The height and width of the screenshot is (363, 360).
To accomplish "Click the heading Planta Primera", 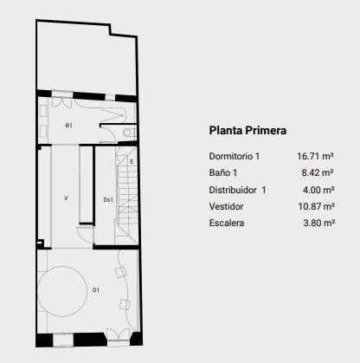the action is tap(247, 130).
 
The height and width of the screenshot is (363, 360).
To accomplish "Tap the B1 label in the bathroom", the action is tap(68, 126).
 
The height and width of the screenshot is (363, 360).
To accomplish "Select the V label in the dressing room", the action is tap(66, 198).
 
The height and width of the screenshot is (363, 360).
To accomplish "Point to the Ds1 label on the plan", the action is tap(108, 199).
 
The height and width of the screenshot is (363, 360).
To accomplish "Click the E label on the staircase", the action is tap(132, 162).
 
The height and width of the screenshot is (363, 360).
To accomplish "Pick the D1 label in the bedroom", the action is tap(96, 289).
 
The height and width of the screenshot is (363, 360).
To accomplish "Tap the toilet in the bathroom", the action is tap(129, 133).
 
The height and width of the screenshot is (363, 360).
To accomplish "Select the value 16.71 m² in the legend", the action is tap(315, 156).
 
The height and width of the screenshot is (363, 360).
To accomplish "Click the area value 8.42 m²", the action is tap(318, 172).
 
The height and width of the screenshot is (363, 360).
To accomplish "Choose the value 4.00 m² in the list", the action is tap(318, 190).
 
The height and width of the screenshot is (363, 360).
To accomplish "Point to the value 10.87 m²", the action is tap(316, 206).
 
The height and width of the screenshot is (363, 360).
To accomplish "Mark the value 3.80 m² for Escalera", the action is tap(318, 223).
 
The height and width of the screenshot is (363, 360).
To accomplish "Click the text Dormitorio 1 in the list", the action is tap(235, 156).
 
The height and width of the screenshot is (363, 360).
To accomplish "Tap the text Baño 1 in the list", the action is tap(223, 172).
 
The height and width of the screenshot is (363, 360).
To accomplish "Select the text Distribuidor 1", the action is tap(237, 190).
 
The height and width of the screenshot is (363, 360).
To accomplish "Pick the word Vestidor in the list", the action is tap(226, 206).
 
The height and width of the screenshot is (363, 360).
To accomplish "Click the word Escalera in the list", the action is tap(227, 223).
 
